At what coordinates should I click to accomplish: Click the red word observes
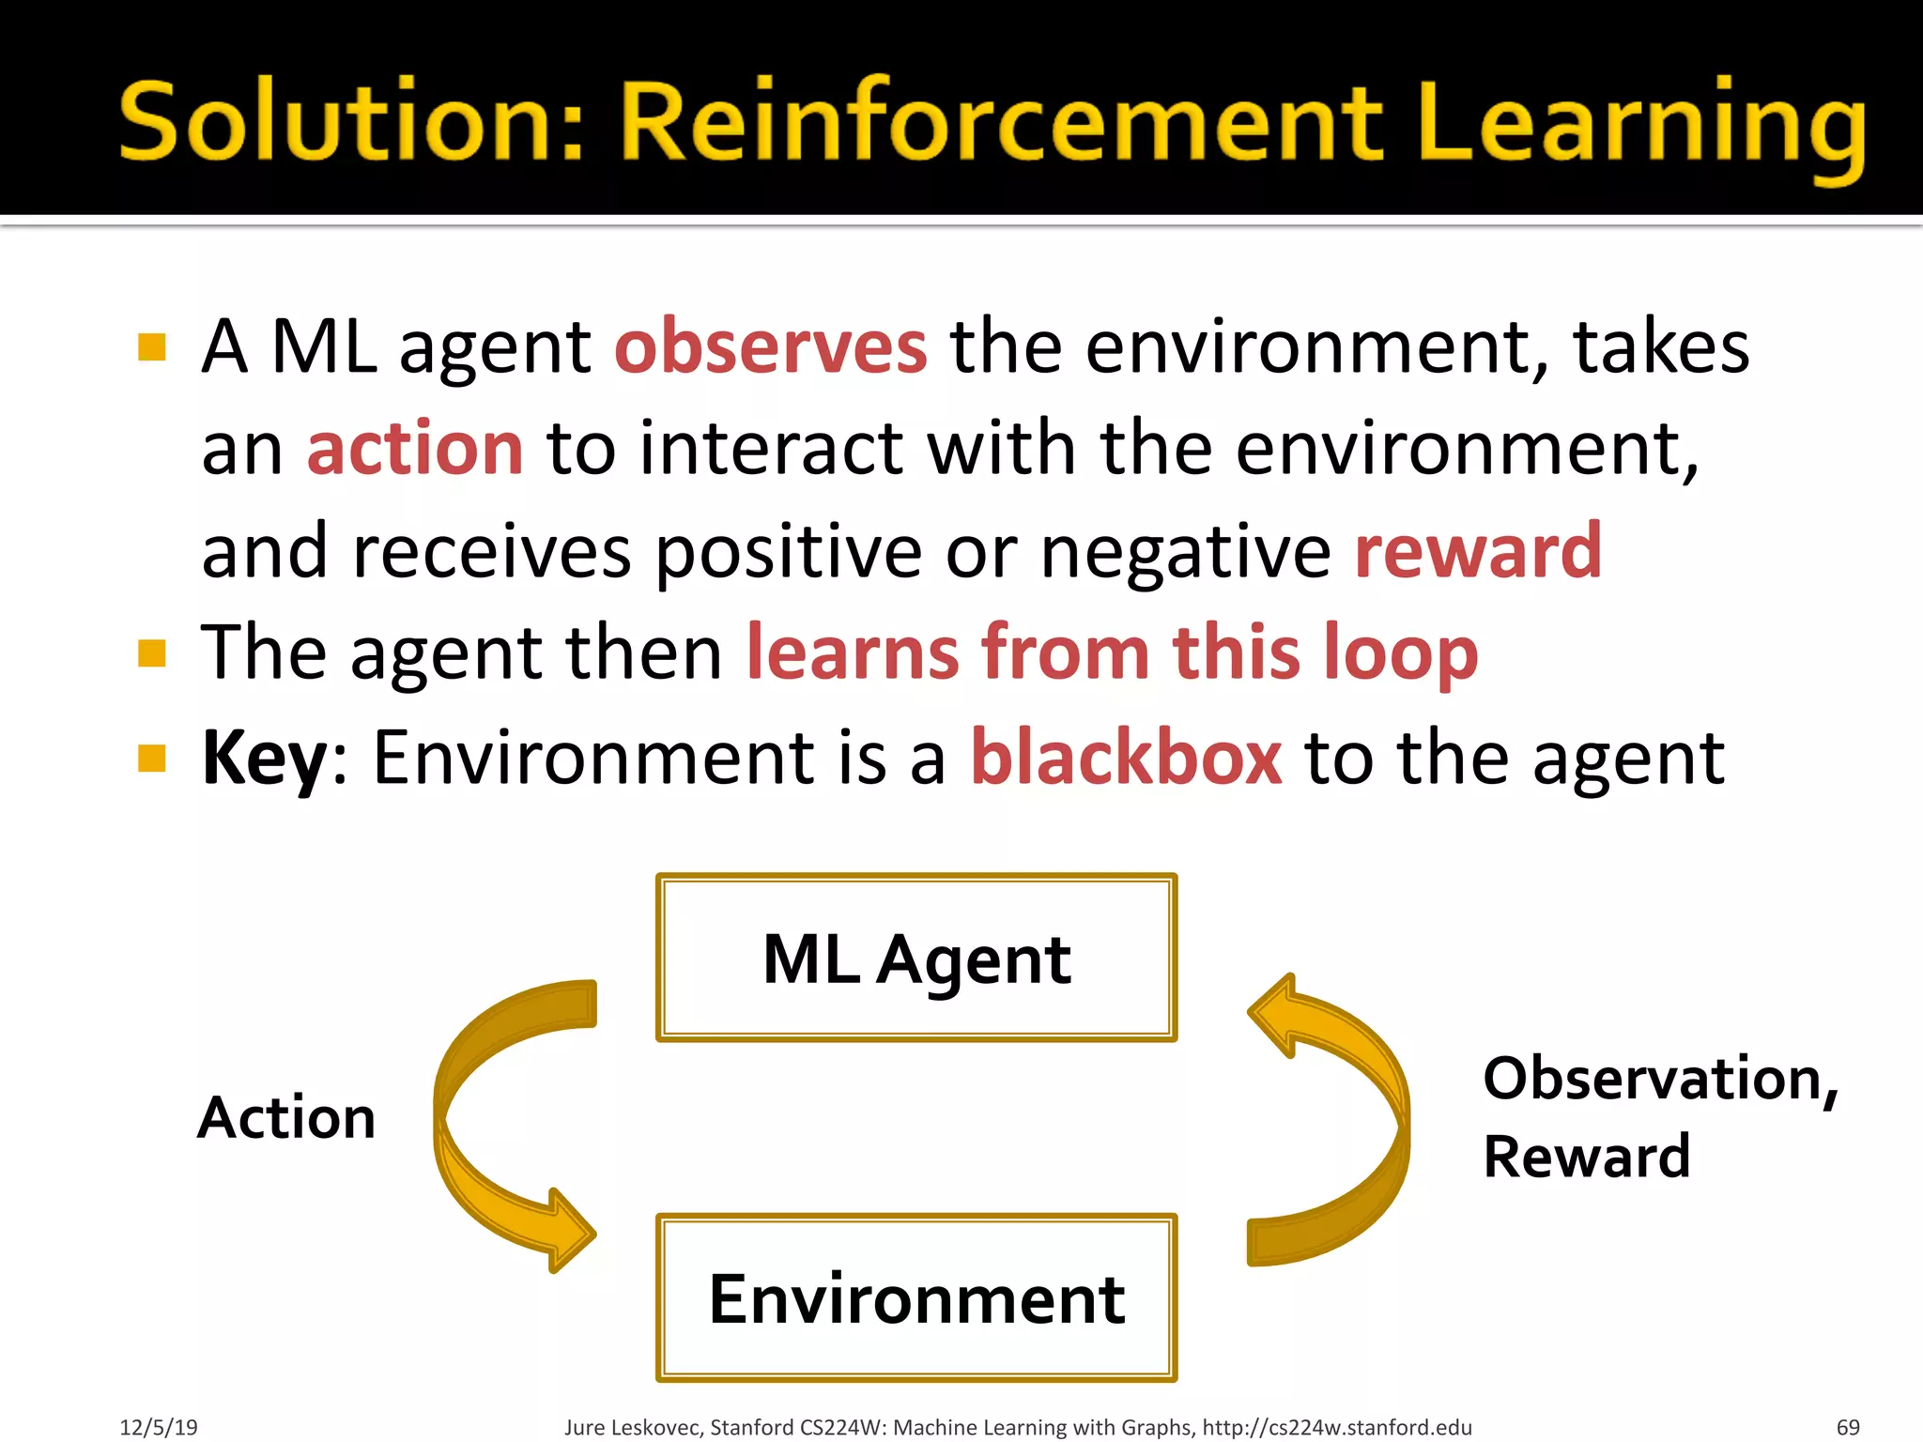point(771,347)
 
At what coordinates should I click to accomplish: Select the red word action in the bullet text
point(415,449)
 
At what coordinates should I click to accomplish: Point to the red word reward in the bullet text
point(1478,551)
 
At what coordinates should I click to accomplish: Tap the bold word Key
point(264,759)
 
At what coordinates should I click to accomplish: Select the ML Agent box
point(916,958)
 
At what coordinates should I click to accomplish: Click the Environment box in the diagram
point(916,1298)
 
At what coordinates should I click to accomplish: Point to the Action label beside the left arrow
point(286,1117)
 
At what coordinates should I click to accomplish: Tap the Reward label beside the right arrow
point(1586,1156)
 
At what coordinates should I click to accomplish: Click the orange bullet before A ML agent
point(151,347)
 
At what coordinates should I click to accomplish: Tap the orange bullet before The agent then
point(151,652)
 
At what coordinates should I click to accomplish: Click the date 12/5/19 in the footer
point(158,1427)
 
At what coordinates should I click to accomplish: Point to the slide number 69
point(1847,1427)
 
